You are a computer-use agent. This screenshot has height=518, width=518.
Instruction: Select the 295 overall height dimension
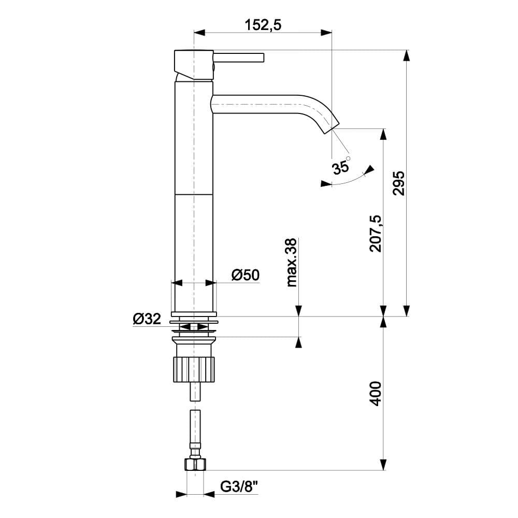point(398,183)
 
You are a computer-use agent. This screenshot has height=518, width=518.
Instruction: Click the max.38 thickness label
point(291,262)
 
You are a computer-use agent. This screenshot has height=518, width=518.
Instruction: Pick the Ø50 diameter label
point(245,275)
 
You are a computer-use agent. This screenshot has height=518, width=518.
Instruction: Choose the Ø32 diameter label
point(147,319)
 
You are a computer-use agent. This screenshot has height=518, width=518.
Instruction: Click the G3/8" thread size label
point(239,487)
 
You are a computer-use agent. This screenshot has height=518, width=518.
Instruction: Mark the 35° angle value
point(341,167)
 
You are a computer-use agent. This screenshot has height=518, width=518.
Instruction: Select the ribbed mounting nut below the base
point(194,369)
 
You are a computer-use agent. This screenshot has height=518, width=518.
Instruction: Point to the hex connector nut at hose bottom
point(195,464)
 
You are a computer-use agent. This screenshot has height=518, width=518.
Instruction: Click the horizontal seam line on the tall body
point(194,195)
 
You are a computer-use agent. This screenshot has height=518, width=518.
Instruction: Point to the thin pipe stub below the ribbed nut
point(194,391)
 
